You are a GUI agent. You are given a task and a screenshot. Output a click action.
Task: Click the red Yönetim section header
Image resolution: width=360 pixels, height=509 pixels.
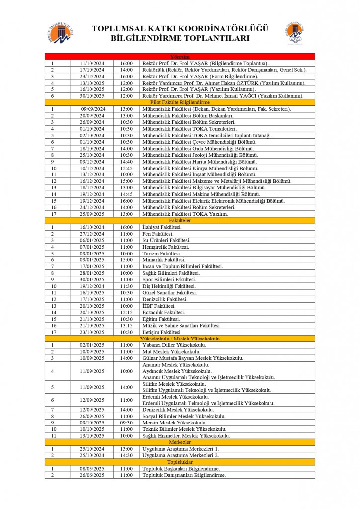pos(180,57)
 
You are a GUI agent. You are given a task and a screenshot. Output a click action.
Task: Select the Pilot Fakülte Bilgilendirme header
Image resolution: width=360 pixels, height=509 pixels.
pos(180,102)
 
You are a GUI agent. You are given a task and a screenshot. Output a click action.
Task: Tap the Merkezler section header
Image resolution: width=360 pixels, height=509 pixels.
pos(180,442)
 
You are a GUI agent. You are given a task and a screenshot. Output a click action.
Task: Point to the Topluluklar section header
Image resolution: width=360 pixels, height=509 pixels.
pos(180,462)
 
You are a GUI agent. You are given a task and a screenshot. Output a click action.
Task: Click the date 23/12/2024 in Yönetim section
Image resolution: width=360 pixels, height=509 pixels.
pos(92,76)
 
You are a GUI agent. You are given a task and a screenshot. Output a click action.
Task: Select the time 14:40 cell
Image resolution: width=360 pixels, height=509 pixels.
pos(126,161)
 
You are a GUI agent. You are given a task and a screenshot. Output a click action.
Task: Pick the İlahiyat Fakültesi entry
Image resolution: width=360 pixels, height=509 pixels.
pos(162,227)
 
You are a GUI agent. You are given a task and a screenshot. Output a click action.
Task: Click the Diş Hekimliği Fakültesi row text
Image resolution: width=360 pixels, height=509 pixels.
pos(169,286)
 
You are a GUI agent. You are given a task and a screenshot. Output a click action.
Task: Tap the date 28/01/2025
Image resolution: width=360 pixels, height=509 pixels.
pos(92,273)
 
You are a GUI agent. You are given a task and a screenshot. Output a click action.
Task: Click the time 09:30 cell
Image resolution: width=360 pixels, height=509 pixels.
pos(126,423)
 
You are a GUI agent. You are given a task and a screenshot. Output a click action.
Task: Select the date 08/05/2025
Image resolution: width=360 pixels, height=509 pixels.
pos(92,468)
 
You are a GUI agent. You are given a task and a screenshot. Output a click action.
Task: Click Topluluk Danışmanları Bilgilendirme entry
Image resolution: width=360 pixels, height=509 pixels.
pos(184,475)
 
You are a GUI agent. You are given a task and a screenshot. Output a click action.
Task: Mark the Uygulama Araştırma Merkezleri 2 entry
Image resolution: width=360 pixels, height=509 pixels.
pos(180,455)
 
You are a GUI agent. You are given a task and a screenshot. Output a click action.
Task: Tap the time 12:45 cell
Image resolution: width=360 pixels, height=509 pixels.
pos(126,168)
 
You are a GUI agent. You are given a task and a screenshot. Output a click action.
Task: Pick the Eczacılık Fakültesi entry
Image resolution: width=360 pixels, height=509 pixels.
pos(164,312)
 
